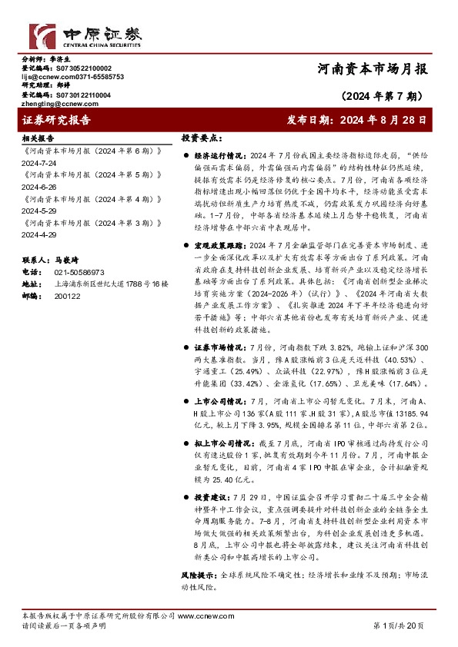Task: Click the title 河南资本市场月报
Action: click(371, 68)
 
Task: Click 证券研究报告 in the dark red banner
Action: click(58, 120)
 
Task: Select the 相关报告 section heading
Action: click(38, 138)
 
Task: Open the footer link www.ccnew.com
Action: click(201, 615)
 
